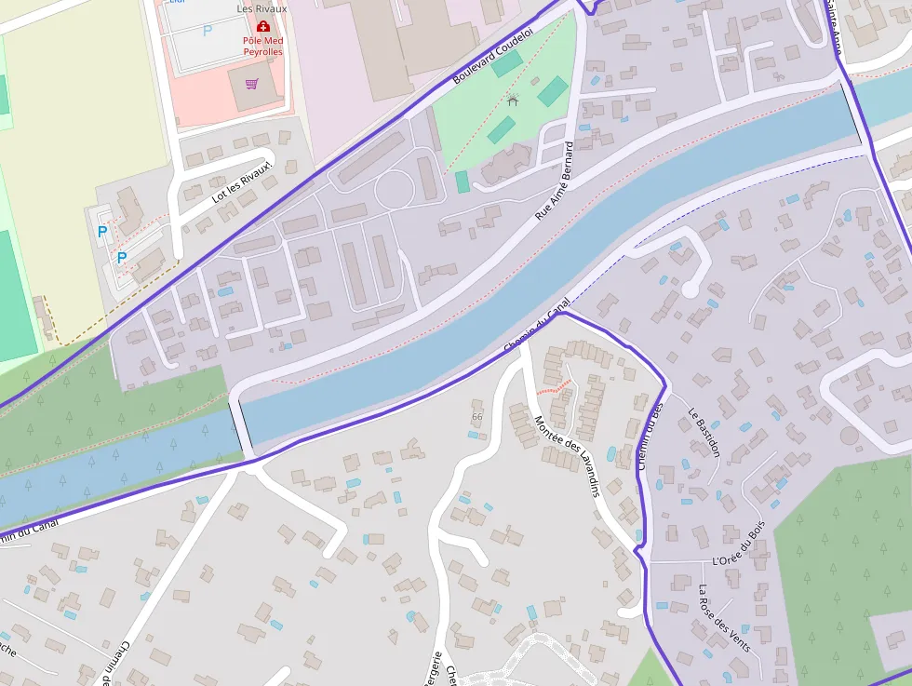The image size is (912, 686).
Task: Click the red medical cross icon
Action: [x=262, y=26]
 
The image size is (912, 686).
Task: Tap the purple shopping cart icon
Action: [x=251, y=84]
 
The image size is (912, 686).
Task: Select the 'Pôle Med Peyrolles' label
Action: [x=262, y=47]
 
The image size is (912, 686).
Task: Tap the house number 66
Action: [x=477, y=416]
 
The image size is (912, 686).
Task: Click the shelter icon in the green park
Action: [x=512, y=99]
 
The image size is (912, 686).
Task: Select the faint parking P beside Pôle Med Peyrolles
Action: [x=208, y=31]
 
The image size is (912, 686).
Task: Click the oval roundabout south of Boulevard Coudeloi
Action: [x=394, y=190]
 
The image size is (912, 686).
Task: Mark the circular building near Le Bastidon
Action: [x=850, y=435]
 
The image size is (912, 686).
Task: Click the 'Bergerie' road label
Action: [x=433, y=668]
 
